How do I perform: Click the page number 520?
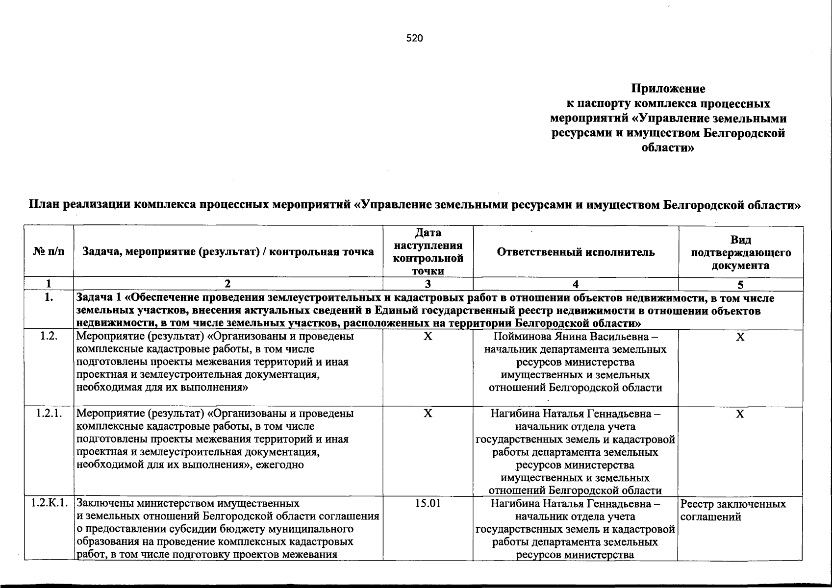[x=414, y=38]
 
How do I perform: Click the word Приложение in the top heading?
[x=668, y=89]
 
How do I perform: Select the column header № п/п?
[x=49, y=252]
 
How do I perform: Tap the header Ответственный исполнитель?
[x=576, y=252]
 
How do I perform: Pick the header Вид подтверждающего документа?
[x=740, y=252]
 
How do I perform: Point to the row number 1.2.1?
[x=49, y=414]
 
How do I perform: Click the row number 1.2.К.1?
[x=49, y=504]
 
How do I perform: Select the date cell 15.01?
[x=428, y=504]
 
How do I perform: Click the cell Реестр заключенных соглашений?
[x=733, y=510]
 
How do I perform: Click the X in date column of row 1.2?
[x=428, y=337]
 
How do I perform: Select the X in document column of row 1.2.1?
[x=740, y=414]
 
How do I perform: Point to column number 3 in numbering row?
[x=428, y=285]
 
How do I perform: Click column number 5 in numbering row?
[x=740, y=285]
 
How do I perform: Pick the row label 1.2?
[x=49, y=337]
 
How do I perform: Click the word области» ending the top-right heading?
[x=668, y=147]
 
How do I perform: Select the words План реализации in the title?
[x=79, y=205]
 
